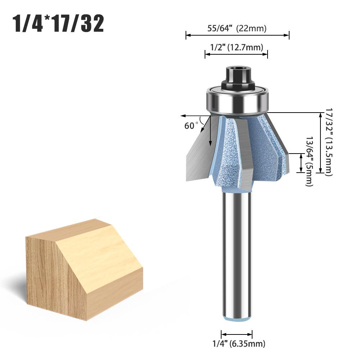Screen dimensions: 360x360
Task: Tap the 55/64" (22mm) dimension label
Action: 237,29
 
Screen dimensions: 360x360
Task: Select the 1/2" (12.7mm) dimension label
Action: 236,47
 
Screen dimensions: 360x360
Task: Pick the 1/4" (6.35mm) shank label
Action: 238,344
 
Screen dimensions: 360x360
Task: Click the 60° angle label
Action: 191,126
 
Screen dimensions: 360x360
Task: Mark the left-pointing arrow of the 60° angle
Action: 191,116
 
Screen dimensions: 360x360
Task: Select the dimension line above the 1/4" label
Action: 236,333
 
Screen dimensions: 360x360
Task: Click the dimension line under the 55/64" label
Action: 237,35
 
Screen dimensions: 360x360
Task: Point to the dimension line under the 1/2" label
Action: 236,54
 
